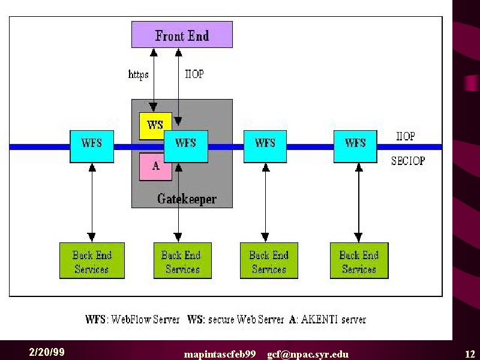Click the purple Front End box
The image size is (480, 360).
click(x=182, y=35)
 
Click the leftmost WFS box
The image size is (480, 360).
click(x=92, y=146)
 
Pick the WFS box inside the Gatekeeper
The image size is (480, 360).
click(x=186, y=146)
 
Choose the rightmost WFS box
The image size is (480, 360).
click(x=355, y=146)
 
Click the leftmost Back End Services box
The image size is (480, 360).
click(x=92, y=260)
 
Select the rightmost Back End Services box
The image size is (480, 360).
click(x=359, y=260)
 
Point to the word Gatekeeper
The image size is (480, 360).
click(x=187, y=199)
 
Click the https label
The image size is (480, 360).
click(x=139, y=74)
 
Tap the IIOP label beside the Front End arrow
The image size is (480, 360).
click(x=194, y=74)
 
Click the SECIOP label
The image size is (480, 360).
click(x=408, y=161)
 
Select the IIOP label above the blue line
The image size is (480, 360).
click(x=406, y=136)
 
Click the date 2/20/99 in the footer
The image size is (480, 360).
click(x=47, y=352)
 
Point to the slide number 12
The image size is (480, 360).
click(x=470, y=354)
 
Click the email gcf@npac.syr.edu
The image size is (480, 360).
click(x=308, y=355)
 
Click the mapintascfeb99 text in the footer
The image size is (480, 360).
click(x=220, y=355)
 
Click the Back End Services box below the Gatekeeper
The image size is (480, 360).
click(x=182, y=260)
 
